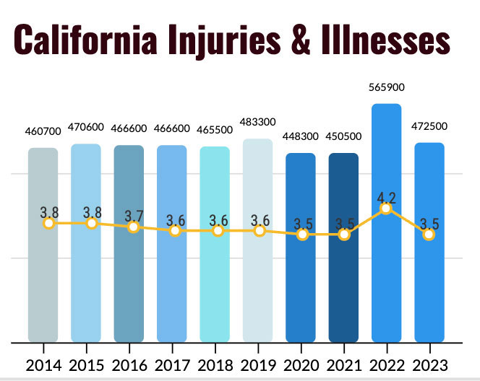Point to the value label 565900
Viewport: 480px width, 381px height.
[x=386, y=87]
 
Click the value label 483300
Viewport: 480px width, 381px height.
[x=257, y=123]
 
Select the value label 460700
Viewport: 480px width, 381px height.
[x=43, y=133]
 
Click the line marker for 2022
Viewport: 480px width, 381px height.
[x=386, y=208]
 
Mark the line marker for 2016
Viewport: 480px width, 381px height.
[x=133, y=227]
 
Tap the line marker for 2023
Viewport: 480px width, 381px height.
[x=429, y=235]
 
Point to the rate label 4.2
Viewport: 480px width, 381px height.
[x=386, y=195]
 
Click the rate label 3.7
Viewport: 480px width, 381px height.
[x=133, y=214]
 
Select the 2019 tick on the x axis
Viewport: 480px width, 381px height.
[x=257, y=365]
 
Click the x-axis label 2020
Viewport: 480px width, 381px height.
[x=301, y=365]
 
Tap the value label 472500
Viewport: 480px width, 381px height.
[x=429, y=126]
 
